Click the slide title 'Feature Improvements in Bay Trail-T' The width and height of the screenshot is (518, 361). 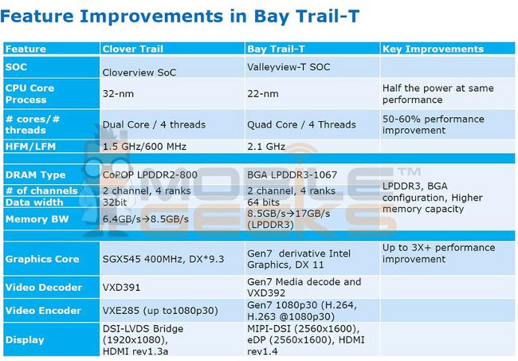179,17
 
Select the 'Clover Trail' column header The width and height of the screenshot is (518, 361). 133,49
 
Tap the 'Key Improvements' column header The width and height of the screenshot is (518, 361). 433,49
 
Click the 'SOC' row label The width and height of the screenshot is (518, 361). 16,67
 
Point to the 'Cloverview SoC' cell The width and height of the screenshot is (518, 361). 139,73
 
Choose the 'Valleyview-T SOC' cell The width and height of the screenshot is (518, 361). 288,67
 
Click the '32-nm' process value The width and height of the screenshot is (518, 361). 118,94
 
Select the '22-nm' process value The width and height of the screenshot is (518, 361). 263,94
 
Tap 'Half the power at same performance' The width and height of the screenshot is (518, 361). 438,94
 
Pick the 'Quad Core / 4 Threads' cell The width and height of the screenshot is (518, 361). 301,124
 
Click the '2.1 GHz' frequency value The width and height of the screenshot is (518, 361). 266,147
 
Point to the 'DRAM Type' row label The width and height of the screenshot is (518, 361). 35,175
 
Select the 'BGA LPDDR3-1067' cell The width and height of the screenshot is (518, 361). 292,175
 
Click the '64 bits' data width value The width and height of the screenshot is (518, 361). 263,202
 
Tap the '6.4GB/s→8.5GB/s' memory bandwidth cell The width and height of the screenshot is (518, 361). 145,219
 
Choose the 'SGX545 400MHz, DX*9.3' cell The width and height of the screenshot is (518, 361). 163,259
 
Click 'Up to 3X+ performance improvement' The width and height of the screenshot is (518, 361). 439,253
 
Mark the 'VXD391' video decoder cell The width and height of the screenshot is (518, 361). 121,288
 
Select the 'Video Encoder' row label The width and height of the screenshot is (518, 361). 43,311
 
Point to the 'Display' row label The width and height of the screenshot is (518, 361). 25,339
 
